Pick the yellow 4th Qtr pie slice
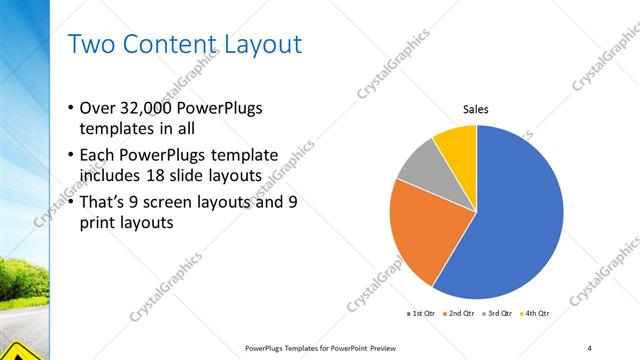(458, 142)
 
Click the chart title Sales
(475, 110)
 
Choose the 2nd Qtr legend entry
(458, 314)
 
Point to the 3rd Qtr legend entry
(497, 314)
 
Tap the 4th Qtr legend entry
(535, 314)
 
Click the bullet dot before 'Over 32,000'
(70, 109)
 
